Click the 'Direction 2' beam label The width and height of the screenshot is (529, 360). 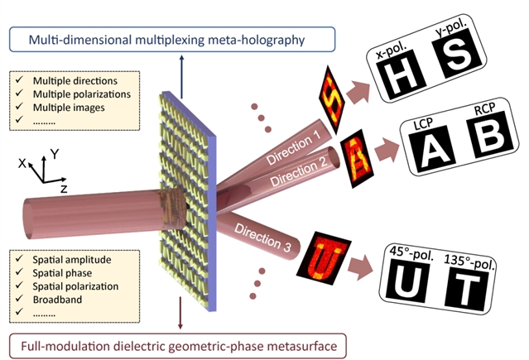(x=296, y=170)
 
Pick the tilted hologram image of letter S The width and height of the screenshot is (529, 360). (x=332, y=92)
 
